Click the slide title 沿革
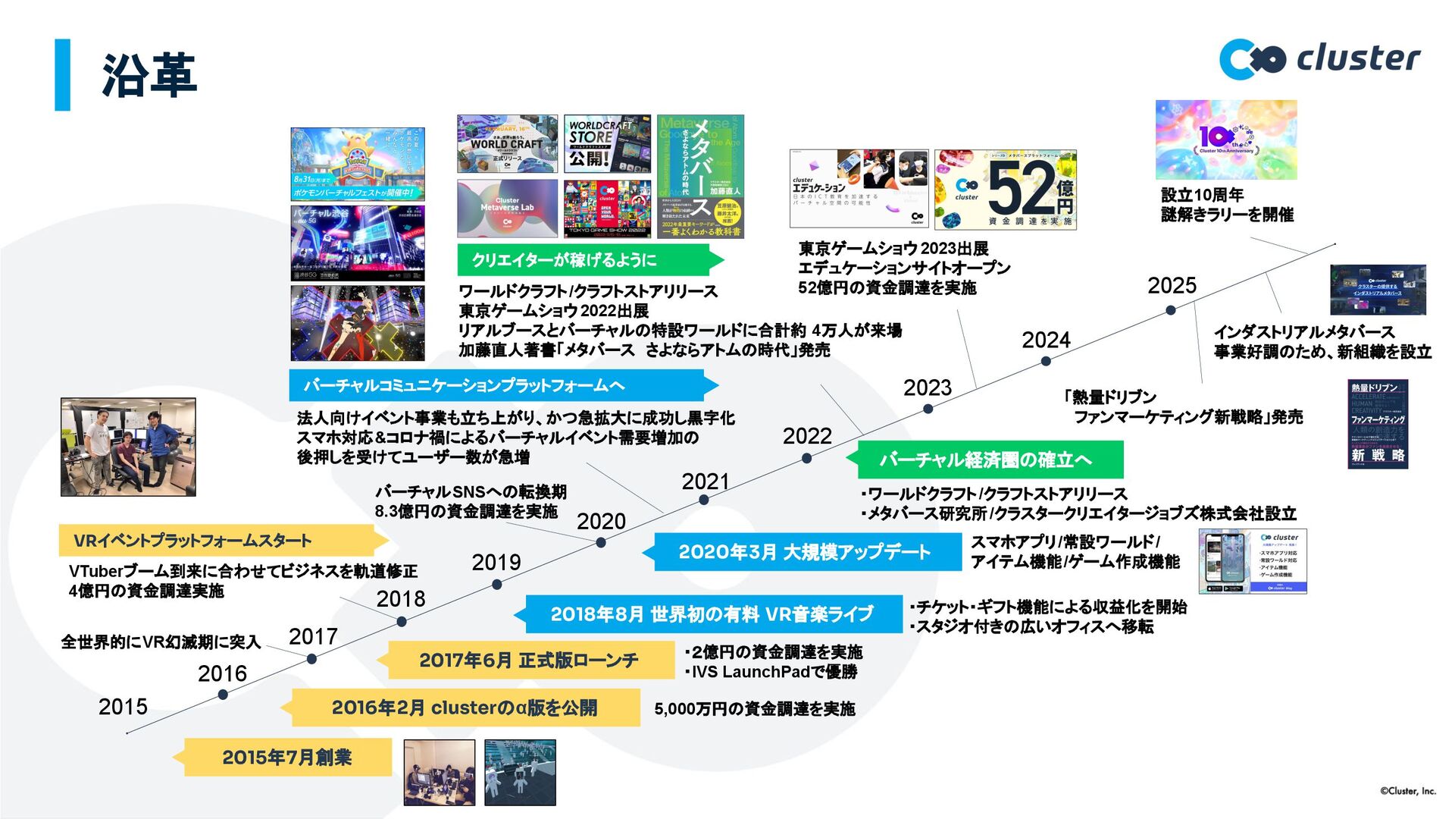coord(149,75)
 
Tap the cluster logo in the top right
coord(1319,59)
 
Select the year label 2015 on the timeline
coord(123,707)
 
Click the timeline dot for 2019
coord(496,585)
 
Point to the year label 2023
coord(927,388)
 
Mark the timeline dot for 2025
coord(1171,310)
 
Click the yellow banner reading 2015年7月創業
coord(286,757)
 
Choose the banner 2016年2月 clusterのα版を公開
coord(464,708)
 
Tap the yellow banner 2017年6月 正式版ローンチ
coord(528,660)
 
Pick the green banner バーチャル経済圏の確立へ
coord(985,460)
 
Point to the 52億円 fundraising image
coord(1005,190)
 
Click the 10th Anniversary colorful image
coord(1225,140)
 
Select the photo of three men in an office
coord(128,447)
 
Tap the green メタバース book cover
coord(700,176)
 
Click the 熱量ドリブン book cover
coord(1377,423)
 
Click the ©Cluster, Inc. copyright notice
coord(1407,791)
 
